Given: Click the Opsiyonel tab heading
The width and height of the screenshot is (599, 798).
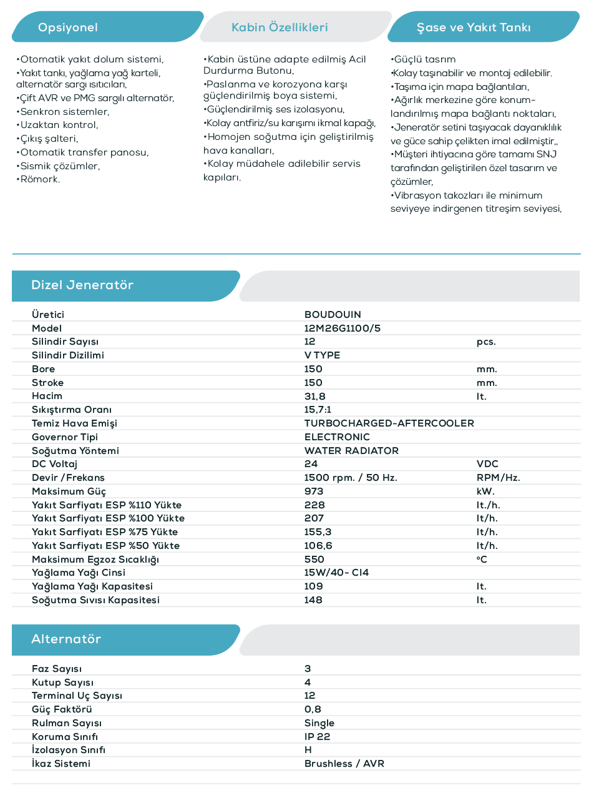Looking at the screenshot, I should pos(68,27).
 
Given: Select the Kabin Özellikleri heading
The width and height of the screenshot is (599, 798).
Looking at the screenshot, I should pos(280,27).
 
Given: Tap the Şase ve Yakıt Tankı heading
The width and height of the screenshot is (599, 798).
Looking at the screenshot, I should pos(474,27).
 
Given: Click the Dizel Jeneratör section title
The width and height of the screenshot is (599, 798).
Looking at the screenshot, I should pos(82,285).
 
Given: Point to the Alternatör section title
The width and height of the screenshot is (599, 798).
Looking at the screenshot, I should pos(66,639).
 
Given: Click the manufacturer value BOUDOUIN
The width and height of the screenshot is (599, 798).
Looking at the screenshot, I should pos(333,315).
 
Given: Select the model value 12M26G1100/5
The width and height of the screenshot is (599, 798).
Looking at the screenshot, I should pos(342,328).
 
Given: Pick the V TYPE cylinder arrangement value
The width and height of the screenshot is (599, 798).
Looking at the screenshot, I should pos(322,355).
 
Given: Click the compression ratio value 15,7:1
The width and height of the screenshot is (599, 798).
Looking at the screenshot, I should pos(318,410).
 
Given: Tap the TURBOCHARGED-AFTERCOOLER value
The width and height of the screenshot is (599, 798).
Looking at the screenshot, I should pos(389,423).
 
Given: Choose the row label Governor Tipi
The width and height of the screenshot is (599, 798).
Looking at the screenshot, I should pos(65,437).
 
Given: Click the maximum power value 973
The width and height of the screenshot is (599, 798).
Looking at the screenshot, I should pos(314,491).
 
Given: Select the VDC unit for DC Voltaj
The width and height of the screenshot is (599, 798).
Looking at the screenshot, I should pos(487,464).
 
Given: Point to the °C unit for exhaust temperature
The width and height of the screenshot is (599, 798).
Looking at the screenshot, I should pos(482,559).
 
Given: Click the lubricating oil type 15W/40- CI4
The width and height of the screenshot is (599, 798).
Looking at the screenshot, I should pos(336,573).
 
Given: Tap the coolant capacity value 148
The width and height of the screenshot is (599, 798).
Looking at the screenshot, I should pos(313,600).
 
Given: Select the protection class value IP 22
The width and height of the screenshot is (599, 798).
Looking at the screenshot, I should pos(317,737).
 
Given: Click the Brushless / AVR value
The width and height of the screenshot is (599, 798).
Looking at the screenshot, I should pos(344,764).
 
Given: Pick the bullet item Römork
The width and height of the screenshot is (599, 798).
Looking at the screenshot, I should pos(40,180).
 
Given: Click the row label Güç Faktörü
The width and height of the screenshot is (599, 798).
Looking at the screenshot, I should pos(62,709).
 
